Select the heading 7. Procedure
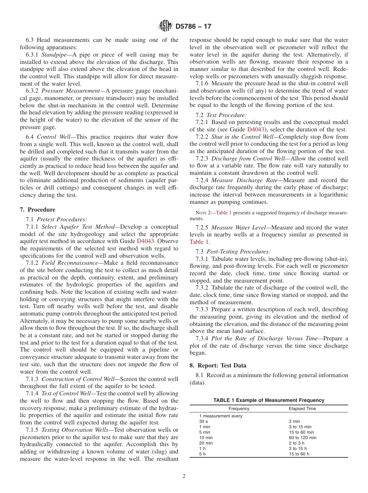point(37,210)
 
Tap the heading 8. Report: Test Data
point(218,365)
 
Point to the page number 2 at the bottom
point(184,476)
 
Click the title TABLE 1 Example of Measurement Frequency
point(269,400)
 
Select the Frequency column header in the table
point(239,409)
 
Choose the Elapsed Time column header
point(302,409)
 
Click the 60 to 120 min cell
point(303,438)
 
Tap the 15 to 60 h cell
point(299,454)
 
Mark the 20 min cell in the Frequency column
point(206,443)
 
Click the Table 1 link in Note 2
point(224,213)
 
